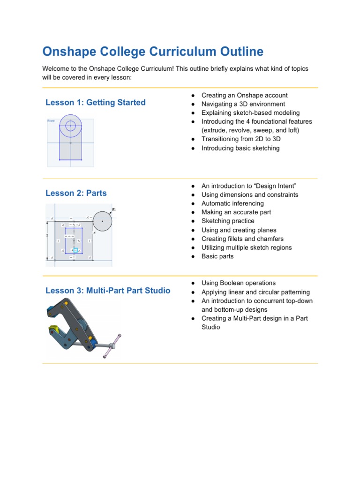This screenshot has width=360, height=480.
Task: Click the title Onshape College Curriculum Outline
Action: pos(153,52)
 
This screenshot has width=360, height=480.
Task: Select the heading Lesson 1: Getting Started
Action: pos(95,102)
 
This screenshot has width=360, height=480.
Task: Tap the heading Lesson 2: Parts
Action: pos(76,193)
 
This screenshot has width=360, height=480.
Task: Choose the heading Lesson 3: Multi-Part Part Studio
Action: pos(108,291)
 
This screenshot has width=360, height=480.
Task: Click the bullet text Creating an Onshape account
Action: pos(244,95)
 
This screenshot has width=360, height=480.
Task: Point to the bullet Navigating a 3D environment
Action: pos(243,104)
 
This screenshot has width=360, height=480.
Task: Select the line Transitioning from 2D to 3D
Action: pos(241,139)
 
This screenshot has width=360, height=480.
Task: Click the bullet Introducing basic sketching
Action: pos(240,148)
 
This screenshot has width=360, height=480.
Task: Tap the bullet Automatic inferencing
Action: pos(232,203)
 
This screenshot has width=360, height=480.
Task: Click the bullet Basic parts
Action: pos(217,256)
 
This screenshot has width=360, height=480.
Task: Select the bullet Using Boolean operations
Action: pos(238,283)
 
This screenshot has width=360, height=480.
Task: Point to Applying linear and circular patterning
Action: pos(255,292)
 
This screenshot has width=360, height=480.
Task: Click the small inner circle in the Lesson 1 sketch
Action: pos(70,125)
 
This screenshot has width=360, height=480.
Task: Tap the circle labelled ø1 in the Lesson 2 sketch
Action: pos(102,221)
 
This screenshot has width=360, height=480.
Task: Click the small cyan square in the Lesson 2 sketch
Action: pos(75,251)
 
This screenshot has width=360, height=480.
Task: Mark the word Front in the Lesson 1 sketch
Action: pos(51,121)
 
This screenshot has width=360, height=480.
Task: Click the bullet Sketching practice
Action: pos(228,221)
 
